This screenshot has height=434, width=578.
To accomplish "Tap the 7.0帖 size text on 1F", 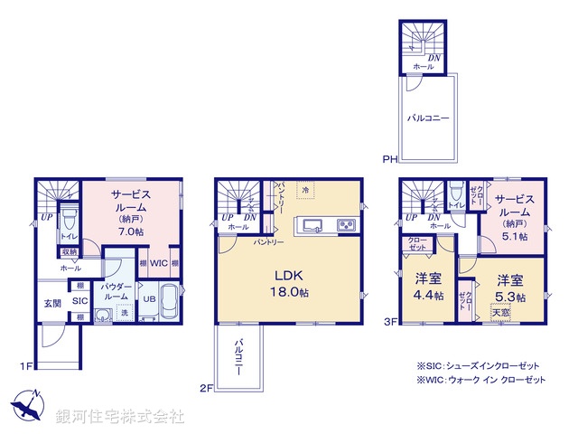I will tap(130, 231).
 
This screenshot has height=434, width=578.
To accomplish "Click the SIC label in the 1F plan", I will tap(79, 300).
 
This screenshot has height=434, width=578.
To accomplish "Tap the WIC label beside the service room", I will tap(159, 263).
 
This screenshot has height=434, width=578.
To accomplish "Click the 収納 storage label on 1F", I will tap(69, 251).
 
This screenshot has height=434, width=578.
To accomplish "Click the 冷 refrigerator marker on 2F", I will tap(305, 190).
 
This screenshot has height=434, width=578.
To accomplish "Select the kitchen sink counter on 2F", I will tap(312, 224).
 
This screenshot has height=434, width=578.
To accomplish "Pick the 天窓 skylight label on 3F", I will tap(499, 312).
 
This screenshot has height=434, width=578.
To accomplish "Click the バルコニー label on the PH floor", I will tap(426, 118).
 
